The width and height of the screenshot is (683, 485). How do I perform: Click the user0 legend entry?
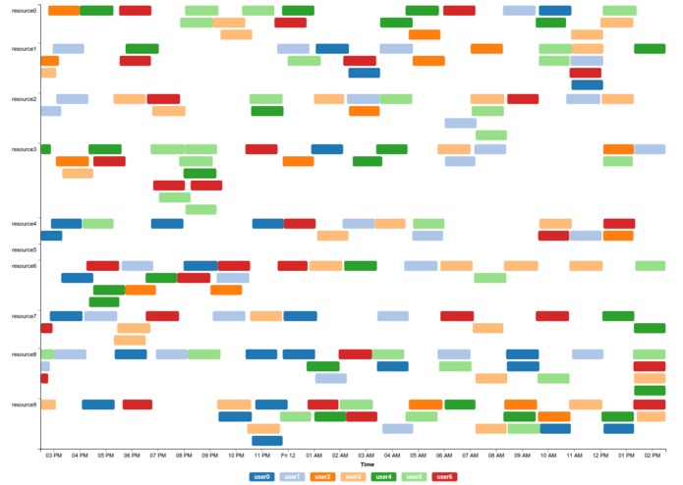tap(261, 476)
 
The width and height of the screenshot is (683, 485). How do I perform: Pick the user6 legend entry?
tap(444, 476)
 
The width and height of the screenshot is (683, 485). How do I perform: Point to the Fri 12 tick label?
tap(288, 456)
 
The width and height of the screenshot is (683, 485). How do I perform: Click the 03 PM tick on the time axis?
tap(53, 456)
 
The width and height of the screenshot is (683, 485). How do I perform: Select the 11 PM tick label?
tap(261, 456)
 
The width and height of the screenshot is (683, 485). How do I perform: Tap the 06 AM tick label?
tap(444, 456)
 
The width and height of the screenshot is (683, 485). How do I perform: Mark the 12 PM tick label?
tap(600, 456)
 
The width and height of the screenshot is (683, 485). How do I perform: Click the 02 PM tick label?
tap(653, 456)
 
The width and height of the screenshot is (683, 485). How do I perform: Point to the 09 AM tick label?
tap(522, 456)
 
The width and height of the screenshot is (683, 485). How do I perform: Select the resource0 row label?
tap(24, 11)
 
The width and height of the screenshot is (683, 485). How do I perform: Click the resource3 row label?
tap(24, 149)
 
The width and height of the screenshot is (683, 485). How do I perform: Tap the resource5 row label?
tap(24, 249)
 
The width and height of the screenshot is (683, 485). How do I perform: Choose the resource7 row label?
tap(24, 316)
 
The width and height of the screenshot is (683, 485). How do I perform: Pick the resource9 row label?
tap(24, 404)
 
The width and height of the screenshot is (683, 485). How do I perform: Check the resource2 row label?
tap(24, 99)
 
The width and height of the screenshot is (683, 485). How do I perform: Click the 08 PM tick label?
tap(184, 456)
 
